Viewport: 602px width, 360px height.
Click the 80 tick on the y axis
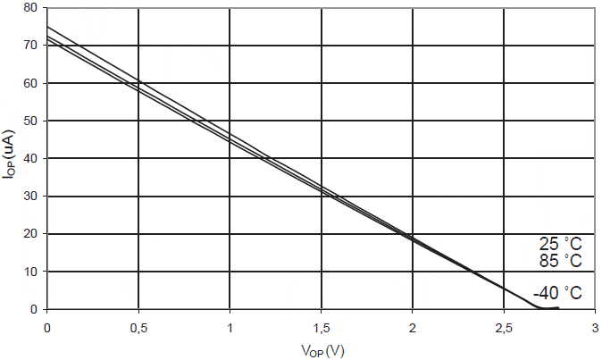point(31,8)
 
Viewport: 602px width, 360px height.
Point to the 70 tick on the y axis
point(31,46)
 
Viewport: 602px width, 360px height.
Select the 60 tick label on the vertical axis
point(31,83)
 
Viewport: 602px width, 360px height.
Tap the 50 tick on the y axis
point(31,121)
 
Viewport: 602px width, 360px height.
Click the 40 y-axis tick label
point(31,159)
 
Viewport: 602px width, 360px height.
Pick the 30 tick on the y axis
point(31,197)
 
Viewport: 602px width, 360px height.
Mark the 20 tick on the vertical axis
point(31,234)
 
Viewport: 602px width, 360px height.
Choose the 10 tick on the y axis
point(31,272)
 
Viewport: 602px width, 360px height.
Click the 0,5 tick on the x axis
point(138,328)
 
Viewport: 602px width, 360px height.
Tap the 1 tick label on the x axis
point(230,328)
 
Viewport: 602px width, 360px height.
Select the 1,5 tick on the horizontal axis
point(322,328)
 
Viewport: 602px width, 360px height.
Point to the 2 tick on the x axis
point(413,328)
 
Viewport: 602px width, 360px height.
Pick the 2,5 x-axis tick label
point(504,328)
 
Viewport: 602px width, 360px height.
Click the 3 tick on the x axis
point(595,328)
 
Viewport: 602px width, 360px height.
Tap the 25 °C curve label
point(561,244)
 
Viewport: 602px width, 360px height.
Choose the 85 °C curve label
point(561,261)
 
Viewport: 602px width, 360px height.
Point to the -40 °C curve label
point(557,293)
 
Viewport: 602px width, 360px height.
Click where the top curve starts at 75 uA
point(47,27)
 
